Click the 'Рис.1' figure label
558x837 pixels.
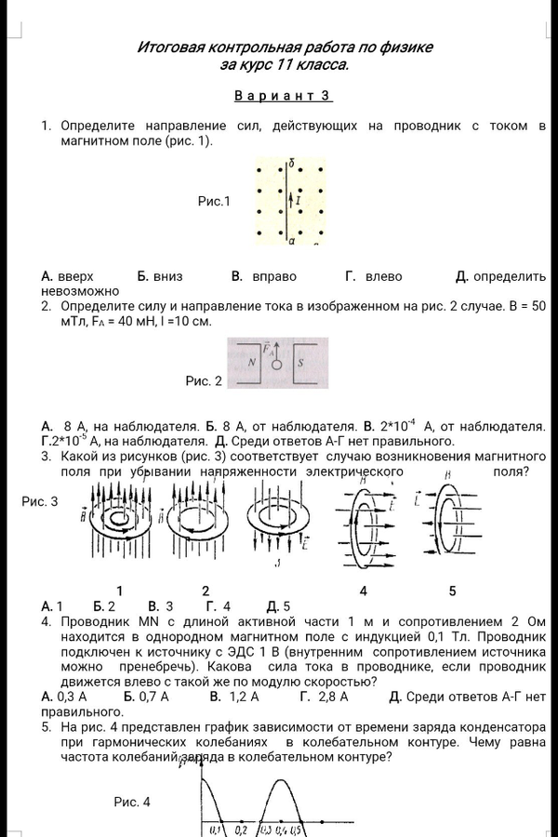point(214,200)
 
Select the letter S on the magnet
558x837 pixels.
point(300,364)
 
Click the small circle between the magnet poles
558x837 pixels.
point(276,365)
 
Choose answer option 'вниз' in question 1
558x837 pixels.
point(168,276)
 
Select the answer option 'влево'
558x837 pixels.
point(383,276)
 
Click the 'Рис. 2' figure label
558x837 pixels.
point(204,381)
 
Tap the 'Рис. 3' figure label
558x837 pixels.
point(39,501)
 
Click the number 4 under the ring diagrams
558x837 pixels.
point(363,591)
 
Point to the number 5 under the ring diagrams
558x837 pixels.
point(452,591)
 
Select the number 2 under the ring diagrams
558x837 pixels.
point(206,591)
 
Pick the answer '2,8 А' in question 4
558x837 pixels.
point(332,696)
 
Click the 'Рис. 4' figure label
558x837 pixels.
point(132,802)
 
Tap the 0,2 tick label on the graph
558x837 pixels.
point(240,829)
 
